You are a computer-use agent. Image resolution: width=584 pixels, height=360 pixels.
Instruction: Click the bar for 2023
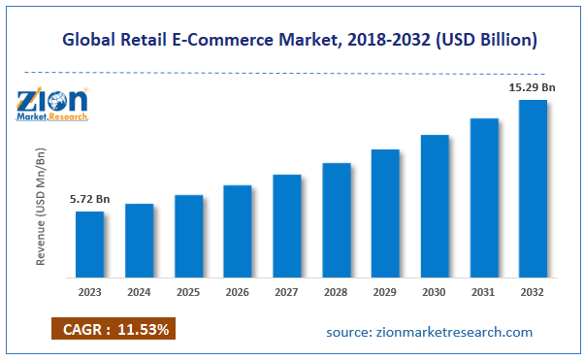90,244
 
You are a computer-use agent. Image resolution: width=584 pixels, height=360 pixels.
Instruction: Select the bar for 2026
238,230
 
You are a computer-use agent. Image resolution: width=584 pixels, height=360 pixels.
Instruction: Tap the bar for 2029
385,213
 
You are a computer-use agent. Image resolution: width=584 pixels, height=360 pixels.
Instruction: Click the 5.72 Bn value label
90,200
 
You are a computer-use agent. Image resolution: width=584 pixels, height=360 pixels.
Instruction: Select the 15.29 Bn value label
532,87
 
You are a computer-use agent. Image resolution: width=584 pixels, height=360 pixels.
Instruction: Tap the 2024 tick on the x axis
140,291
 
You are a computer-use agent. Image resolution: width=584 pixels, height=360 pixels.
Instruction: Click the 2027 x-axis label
287,291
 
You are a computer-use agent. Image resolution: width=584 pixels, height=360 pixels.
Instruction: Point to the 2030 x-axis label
435,291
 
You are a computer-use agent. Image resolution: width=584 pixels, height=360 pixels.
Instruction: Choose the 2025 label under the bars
189,291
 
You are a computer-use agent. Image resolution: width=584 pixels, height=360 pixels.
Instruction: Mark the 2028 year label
337,291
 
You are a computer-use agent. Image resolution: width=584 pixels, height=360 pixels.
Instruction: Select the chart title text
300,41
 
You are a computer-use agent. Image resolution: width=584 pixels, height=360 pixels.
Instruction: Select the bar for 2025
189,236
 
